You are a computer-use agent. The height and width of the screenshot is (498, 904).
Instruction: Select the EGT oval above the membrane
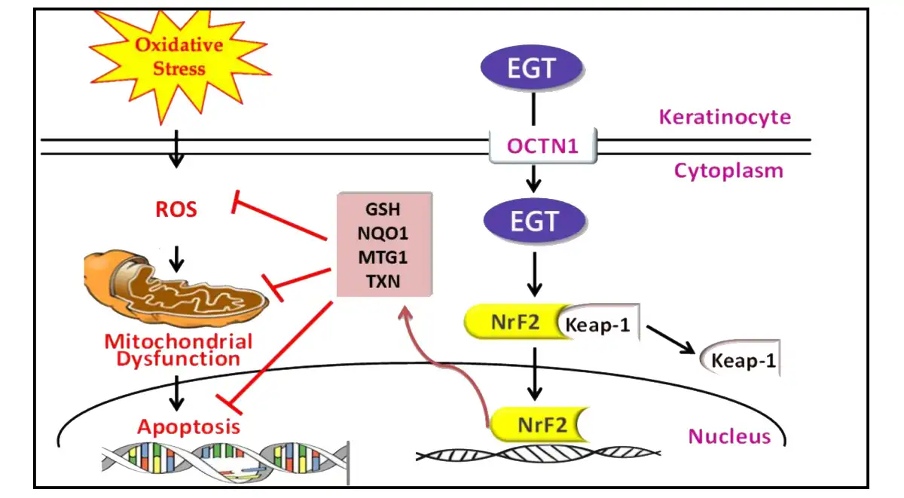click(x=533, y=69)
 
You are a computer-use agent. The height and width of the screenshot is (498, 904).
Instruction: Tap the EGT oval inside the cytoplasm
click(x=533, y=221)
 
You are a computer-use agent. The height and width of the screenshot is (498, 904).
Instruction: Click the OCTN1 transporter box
click(x=542, y=145)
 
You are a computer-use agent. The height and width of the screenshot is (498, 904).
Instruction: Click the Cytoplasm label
click(x=728, y=171)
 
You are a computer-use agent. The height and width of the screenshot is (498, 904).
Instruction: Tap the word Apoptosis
click(x=188, y=427)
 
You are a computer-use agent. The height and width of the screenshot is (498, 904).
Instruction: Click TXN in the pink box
click(x=383, y=281)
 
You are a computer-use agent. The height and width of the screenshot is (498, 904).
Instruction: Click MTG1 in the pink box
click(x=383, y=258)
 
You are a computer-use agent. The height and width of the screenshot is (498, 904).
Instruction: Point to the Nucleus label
click(x=729, y=435)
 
